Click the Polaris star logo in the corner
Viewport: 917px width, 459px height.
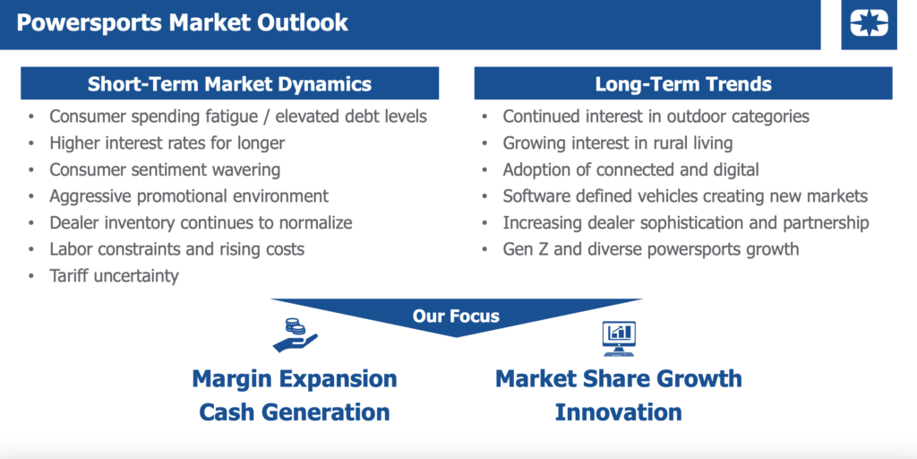pos(869,23)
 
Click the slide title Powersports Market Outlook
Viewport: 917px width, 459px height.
pos(183,22)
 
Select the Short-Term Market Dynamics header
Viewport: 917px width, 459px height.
pos(230,83)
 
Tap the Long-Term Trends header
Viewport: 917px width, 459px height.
pos(683,83)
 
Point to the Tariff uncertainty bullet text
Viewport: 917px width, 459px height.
pos(114,276)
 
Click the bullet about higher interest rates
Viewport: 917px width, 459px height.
pos(167,143)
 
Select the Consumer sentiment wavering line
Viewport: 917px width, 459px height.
pos(165,169)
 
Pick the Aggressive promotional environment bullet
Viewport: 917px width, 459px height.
pos(189,196)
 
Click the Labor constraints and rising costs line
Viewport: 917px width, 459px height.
pos(177,249)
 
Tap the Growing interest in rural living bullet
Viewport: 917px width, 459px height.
pos(618,143)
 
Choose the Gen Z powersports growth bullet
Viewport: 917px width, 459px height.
pos(651,249)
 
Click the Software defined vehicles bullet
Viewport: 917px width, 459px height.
pos(685,196)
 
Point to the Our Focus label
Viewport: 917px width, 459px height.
pos(456,316)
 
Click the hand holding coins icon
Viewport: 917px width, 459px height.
pos(296,335)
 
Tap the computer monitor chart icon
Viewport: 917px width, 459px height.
pos(619,339)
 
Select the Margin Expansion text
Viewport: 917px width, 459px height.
pos(295,379)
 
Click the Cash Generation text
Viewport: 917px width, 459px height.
pos(295,412)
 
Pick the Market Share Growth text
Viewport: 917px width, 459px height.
pos(619,379)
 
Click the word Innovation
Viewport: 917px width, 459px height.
pos(619,412)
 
